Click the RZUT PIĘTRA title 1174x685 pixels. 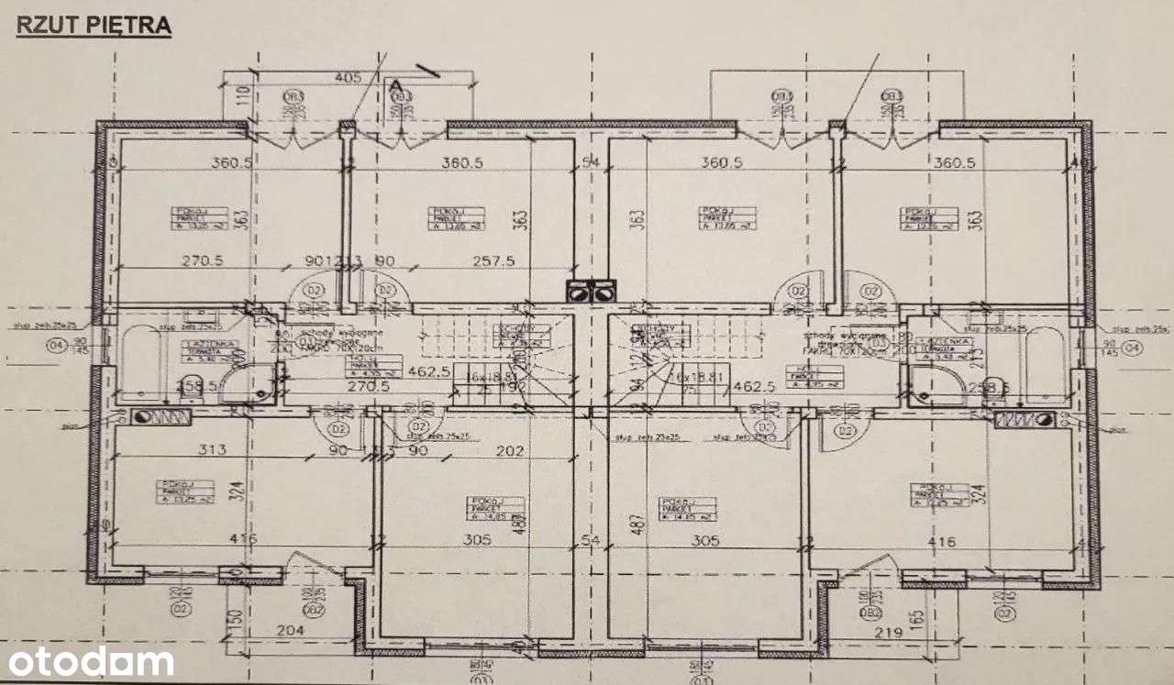[94, 26]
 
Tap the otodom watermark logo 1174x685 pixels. [88, 661]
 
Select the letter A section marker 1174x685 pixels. [396, 85]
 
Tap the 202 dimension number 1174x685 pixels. [508, 450]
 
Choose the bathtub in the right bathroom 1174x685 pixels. [1044, 363]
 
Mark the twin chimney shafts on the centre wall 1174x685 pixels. [589, 291]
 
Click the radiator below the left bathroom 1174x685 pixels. [161, 417]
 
